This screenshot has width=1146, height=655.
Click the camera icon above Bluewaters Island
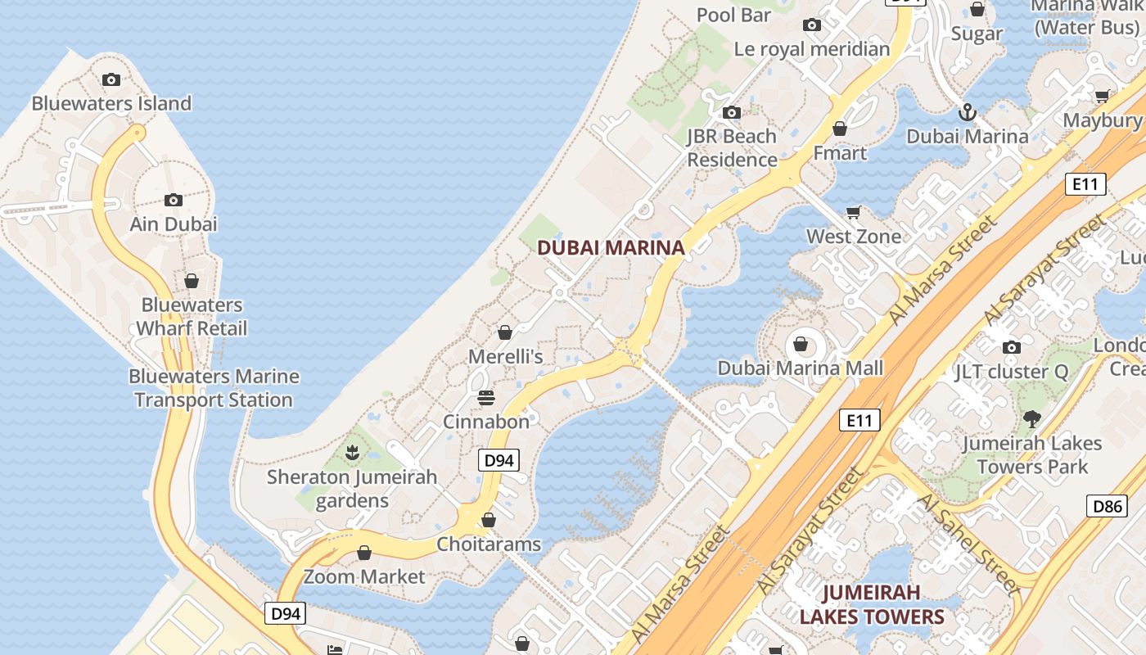point(111,79)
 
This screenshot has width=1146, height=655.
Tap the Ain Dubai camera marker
point(173,200)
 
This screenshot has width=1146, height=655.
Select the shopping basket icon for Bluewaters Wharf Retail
point(191,281)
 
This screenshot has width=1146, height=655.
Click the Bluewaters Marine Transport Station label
point(214,388)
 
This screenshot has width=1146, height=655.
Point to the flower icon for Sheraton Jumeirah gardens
point(351,452)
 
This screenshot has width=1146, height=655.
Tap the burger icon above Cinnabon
point(486,398)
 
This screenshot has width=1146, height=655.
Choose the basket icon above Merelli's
point(505,332)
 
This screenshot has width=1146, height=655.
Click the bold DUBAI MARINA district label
point(611,247)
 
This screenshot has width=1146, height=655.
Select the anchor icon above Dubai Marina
point(968,111)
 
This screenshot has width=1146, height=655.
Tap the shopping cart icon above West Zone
point(854,213)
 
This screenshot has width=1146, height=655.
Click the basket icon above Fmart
point(840,129)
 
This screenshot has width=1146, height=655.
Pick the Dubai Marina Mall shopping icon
point(801,344)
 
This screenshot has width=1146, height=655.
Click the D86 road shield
point(1108,505)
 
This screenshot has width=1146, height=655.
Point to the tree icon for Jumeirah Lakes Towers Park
point(1031,419)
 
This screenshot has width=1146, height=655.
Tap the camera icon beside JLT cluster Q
point(1012,347)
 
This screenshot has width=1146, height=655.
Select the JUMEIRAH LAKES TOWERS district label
point(872,604)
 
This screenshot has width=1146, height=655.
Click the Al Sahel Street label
point(968,542)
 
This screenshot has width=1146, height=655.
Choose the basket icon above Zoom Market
point(364,553)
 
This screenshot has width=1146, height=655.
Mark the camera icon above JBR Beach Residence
point(731,112)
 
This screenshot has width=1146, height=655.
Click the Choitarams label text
point(489,544)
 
